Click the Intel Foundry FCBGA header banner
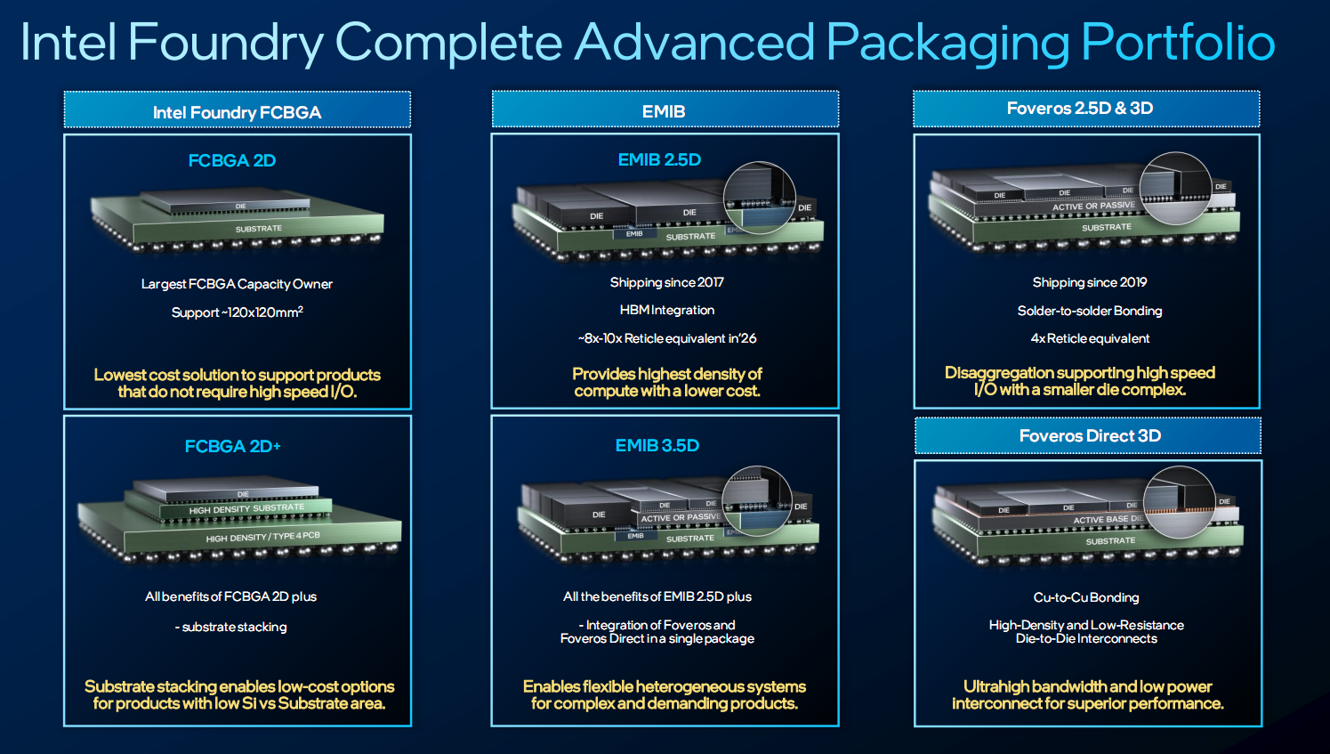pyautogui.click(x=238, y=109)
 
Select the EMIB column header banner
pyautogui.click(x=665, y=109)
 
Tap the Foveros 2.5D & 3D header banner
pyautogui.click(x=1086, y=109)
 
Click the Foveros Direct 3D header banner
pyautogui.click(x=1088, y=435)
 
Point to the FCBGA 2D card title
pyautogui.click(x=232, y=160)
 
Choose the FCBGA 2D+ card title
pyautogui.click(x=233, y=446)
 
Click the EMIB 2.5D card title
pyautogui.click(x=659, y=160)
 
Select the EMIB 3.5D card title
pyautogui.click(x=657, y=446)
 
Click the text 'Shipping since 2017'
pyautogui.click(x=667, y=282)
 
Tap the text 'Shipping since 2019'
pyautogui.click(x=1090, y=282)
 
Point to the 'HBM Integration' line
pyautogui.click(x=667, y=310)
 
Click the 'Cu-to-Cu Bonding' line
pyautogui.click(x=1086, y=597)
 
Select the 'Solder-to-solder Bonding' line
pyautogui.click(x=1090, y=311)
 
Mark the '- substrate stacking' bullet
pyautogui.click(x=231, y=627)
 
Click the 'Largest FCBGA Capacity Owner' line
pyautogui.click(x=237, y=284)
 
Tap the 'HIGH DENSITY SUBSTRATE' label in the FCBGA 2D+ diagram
pyautogui.click(x=247, y=509)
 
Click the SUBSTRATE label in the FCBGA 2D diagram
pyautogui.click(x=259, y=229)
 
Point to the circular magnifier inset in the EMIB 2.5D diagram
pyautogui.click(x=760, y=198)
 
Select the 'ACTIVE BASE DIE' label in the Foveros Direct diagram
pyautogui.click(x=1108, y=519)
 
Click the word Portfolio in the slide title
pyautogui.click(x=1178, y=42)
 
